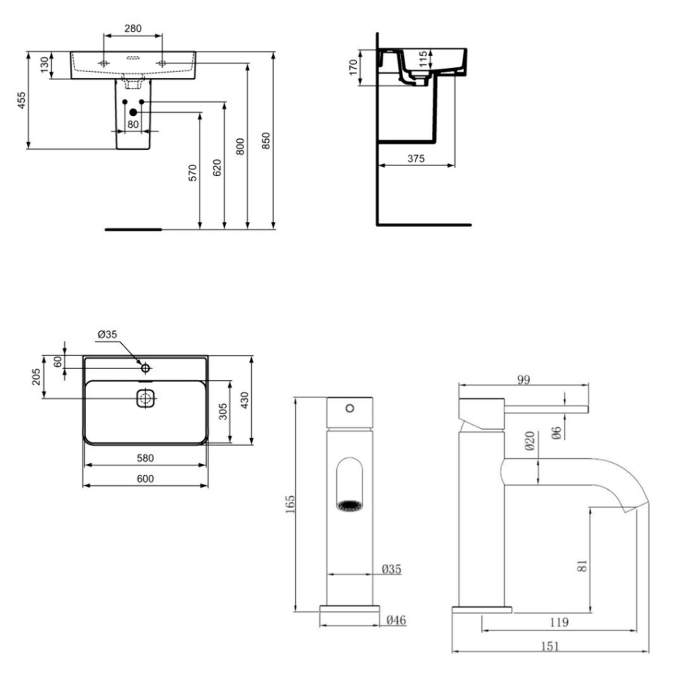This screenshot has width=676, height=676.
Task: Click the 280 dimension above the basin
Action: pyautogui.click(x=133, y=29)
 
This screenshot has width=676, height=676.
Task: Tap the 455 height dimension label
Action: pyautogui.click(x=22, y=101)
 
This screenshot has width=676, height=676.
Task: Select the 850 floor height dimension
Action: pyautogui.click(x=266, y=141)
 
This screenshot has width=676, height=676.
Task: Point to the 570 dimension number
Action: pyautogui.click(x=193, y=173)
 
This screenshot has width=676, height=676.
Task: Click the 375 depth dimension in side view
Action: pyautogui.click(x=416, y=159)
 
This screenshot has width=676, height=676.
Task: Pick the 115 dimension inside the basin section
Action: pyautogui.click(x=423, y=59)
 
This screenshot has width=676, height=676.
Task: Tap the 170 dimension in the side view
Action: pyautogui.click(x=353, y=67)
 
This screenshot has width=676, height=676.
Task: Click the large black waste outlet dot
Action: pyautogui.click(x=133, y=112)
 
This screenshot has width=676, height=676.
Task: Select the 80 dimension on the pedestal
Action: pyautogui.click(x=133, y=124)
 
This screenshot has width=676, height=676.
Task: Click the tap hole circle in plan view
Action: pyautogui.click(x=146, y=368)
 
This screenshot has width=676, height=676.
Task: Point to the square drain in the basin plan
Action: pyautogui.click(x=146, y=398)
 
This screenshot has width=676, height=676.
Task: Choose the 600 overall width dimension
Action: pyautogui.click(x=145, y=479)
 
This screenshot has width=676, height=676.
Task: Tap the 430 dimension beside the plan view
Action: pyautogui.click(x=245, y=400)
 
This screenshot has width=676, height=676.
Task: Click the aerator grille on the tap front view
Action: pyautogui.click(x=350, y=506)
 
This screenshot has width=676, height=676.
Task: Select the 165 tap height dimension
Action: pyautogui.click(x=290, y=504)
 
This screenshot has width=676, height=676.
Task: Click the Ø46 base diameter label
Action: pyautogui.click(x=396, y=620)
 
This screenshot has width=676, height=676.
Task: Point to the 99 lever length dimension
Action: pyautogui.click(x=524, y=380)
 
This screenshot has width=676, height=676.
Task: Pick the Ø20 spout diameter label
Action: pyautogui.click(x=530, y=441)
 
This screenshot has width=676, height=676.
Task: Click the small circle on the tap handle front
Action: pyautogui.click(x=350, y=408)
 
